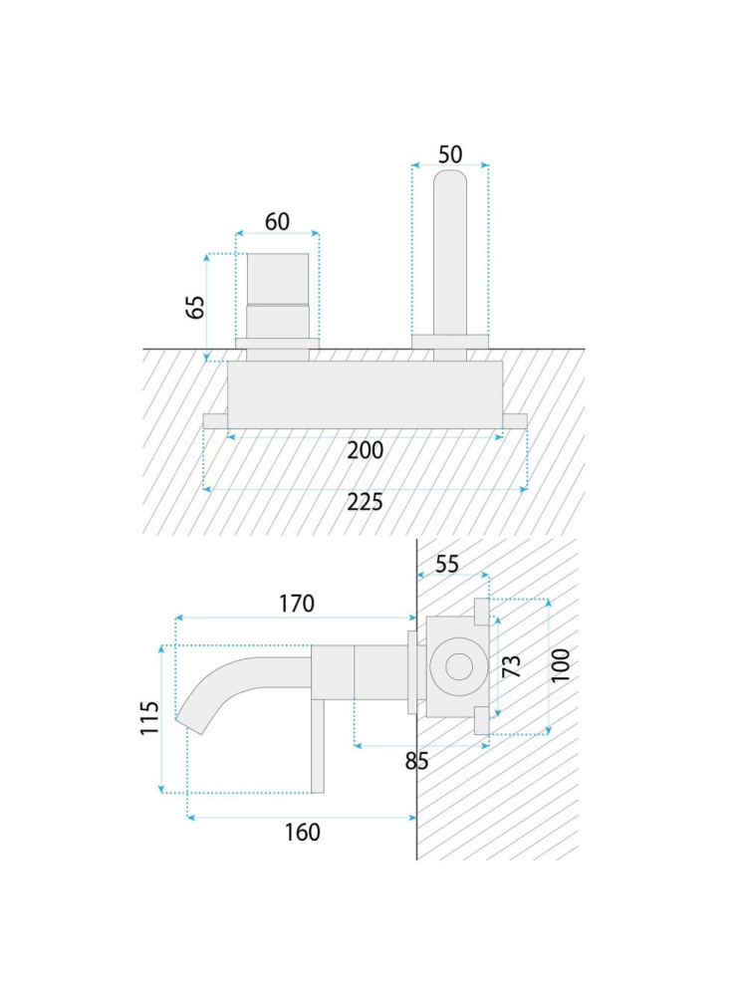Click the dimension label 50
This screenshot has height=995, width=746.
point(450,154)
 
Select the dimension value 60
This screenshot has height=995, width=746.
point(277,221)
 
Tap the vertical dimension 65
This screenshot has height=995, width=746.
point(196,307)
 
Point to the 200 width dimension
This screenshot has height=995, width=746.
point(366,450)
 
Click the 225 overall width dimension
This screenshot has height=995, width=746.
point(366,502)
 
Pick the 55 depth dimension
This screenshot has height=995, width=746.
point(447,564)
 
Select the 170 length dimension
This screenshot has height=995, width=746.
point(297,604)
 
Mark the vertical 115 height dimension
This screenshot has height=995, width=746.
point(149,718)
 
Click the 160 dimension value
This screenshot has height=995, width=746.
point(302,832)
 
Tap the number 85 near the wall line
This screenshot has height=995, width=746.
point(416,761)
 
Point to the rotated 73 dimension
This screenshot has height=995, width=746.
point(511,666)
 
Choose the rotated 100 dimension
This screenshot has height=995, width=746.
point(561,665)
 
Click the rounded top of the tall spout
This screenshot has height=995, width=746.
point(450,176)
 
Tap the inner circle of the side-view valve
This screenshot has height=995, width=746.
point(458,667)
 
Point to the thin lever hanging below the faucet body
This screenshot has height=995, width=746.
point(317,746)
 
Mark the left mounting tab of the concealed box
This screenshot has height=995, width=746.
point(215,420)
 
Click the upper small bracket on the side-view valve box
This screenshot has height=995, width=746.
point(481,611)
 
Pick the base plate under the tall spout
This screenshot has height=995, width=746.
point(450,342)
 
